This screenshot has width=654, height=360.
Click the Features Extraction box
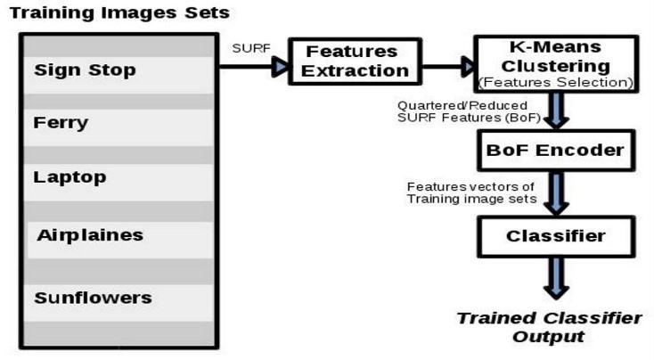click(355, 61)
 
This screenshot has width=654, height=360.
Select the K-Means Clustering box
click(556, 63)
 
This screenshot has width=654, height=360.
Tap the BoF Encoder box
click(556, 151)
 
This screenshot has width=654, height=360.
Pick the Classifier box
click(556, 236)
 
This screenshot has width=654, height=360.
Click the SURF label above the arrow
click(251, 48)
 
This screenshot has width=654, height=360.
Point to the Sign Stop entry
click(85, 70)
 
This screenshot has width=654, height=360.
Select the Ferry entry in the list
click(61, 123)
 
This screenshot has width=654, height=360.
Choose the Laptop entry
click(69, 177)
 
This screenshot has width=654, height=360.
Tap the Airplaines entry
click(90, 235)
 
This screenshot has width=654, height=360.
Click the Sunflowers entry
click(93, 298)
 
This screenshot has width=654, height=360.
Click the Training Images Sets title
click(119, 12)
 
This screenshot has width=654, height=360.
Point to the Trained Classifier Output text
click(549, 327)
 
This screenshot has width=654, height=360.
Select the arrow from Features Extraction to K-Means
click(447, 67)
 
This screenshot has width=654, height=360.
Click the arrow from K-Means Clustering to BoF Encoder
click(556, 110)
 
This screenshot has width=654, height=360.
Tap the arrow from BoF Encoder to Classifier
click(556, 193)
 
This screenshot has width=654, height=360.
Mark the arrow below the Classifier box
click(556, 278)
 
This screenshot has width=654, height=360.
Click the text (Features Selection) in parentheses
click(556, 83)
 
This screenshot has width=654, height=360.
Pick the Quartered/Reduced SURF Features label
click(469, 111)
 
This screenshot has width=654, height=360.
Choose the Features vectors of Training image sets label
click(471, 192)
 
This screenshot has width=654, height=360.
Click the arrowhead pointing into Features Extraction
click(280, 67)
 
